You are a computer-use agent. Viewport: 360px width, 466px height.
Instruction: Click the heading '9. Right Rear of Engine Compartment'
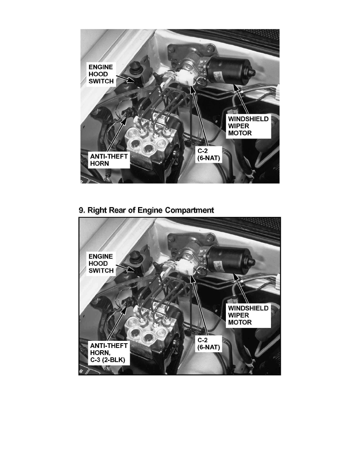(x=146, y=210)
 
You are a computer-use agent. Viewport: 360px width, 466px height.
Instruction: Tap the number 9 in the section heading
(x=82, y=210)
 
